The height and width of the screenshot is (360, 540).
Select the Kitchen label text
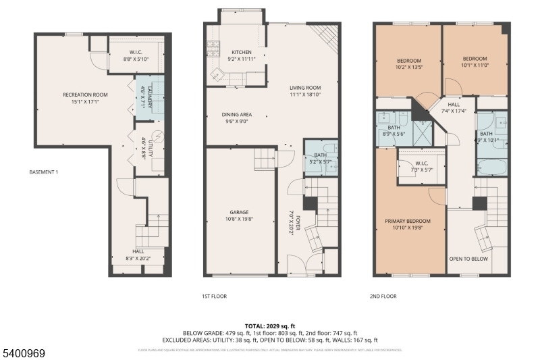pos(241,52)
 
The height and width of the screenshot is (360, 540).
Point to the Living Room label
pos(304,88)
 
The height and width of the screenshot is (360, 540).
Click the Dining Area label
pos(236,114)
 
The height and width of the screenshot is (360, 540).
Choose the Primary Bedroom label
pos(407,221)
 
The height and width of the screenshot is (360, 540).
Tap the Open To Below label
pos(469,258)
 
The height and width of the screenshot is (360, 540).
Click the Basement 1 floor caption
pos(44,172)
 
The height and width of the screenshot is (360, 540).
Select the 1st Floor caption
pos(214,296)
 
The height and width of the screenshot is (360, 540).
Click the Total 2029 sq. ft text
pos(270,326)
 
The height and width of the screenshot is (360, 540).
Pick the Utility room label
pos(146,147)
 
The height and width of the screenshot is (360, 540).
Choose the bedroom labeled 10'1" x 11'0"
pos(475,61)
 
